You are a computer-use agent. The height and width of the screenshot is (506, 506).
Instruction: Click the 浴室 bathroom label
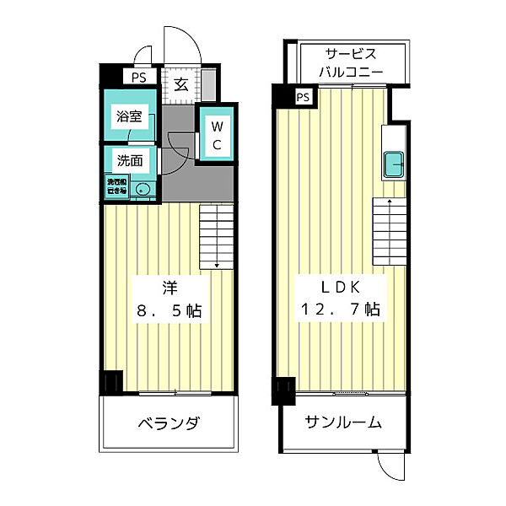pyautogui.click(x=129, y=117)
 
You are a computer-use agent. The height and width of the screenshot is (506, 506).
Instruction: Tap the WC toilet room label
pyautogui.click(x=216, y=136)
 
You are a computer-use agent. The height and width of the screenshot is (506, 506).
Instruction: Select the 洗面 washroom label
pyautogui.click(x=129, y=160)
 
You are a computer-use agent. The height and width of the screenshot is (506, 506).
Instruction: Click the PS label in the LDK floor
pyautogui.click(x=303, y=97)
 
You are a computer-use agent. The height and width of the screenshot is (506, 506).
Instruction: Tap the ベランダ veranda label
pyautogui.click(x=169, y=423)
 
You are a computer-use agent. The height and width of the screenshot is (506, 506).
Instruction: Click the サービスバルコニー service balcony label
pyautogui.click(x=352, y=62)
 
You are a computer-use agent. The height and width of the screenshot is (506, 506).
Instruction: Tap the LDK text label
pyautogui.click(x=340, y=285)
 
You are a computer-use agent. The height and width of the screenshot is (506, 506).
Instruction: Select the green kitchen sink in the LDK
pyautogui.click(x=394, y=164)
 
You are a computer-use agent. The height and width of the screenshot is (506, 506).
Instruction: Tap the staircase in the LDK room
pyautogui.click(x=389, y=232)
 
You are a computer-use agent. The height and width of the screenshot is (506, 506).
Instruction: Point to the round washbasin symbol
pyautogui.click(x=142, y=189)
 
